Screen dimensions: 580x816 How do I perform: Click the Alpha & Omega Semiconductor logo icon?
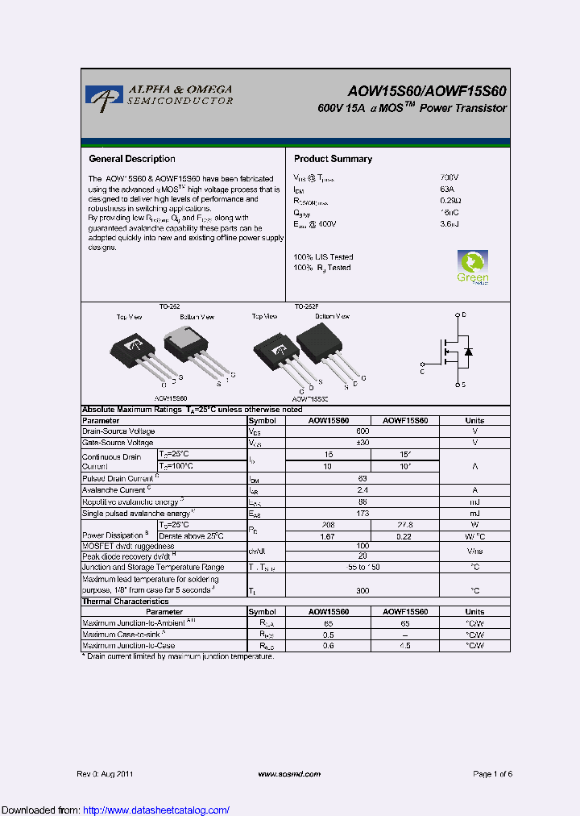[x=104, y=95]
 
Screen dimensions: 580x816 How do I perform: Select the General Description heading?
[x=131, y=159]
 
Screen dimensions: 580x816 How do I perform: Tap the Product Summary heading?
[x=333, y=159]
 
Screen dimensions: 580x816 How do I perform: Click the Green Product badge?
[x=473, y=268]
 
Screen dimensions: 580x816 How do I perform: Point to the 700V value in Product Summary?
[x=449, y=177]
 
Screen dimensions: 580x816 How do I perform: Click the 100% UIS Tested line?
[x=323, y=257]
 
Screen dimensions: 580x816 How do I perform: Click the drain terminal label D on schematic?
[x=465, y=314]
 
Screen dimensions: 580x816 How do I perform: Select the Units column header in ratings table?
[x=474, y=420]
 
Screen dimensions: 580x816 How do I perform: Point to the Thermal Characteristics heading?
[x=126, y=602]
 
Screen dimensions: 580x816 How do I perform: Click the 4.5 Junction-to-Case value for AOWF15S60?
[x=405, y=646]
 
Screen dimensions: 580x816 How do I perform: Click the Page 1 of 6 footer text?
[x=492, y=774]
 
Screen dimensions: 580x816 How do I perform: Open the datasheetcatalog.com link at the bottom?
[x=156, y=810]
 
